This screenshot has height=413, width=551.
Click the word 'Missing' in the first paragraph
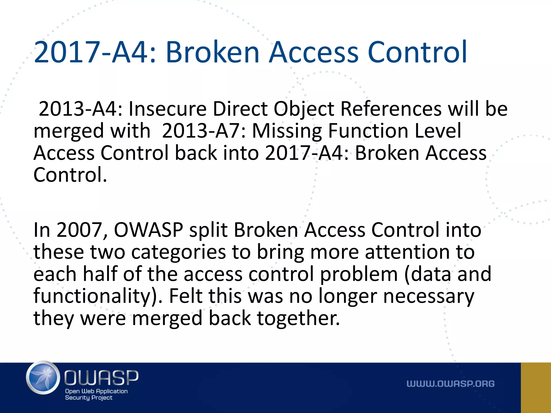click(287, 131)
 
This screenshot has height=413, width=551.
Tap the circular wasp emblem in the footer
click(43, 378)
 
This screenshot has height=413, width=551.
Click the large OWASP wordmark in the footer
click(101, 378)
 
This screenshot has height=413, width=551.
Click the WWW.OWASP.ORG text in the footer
click(450, 384)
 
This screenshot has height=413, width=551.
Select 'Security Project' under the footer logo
click(89, 398)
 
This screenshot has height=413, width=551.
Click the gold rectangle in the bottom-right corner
click(536, 387)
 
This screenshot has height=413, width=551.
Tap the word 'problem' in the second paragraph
click(359, 275)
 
